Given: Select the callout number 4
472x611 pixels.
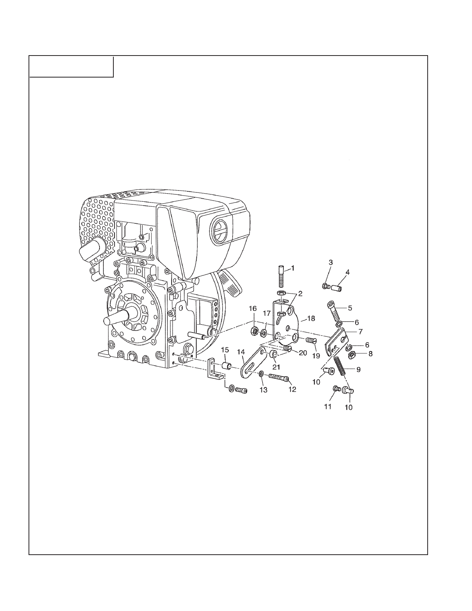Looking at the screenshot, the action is (347, 272).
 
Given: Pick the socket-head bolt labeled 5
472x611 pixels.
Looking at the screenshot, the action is (335, 311).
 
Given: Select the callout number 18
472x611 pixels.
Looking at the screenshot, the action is (311, 319).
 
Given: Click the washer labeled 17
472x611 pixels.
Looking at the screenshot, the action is (265, 332).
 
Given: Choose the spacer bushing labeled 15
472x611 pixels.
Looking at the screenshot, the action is (228, 365).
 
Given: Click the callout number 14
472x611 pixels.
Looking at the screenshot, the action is (241, 352).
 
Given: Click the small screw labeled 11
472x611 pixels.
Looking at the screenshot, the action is (336, 389).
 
